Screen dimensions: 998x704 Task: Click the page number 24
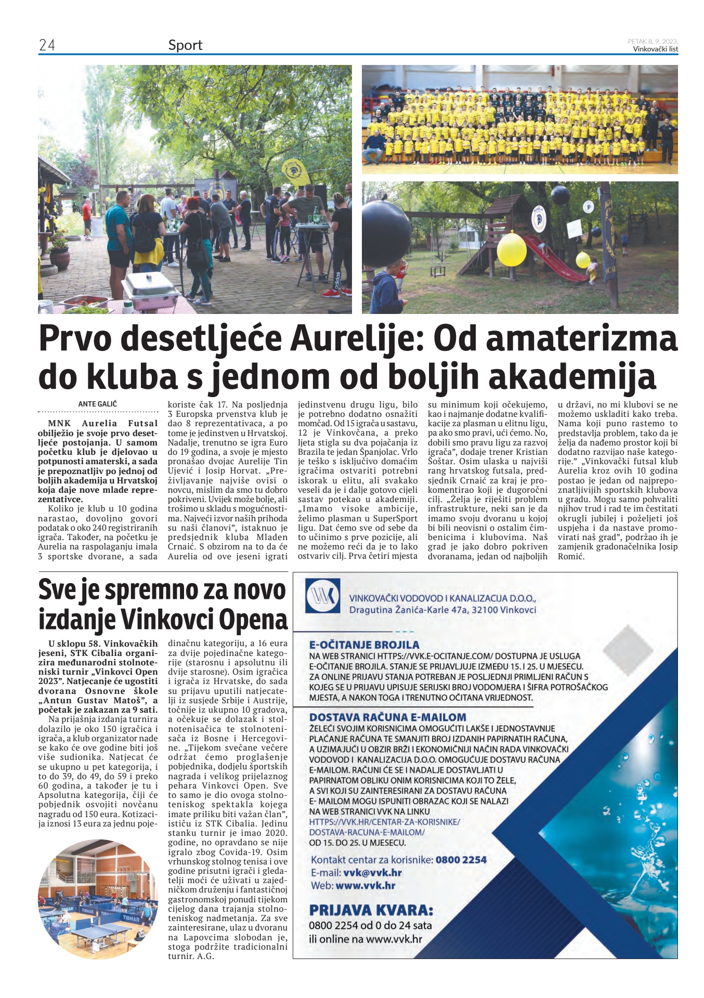tap(47, 46)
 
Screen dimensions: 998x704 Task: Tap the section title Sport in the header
tap(185, 46)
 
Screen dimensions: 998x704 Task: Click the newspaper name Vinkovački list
tap(655, 49)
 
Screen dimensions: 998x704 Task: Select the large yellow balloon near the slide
tap(512, 247)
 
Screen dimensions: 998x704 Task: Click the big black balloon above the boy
tap(386, 233)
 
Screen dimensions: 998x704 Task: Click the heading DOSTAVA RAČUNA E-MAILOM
tap(387, 717)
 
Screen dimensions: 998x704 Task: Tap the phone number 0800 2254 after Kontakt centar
tap(461, 860)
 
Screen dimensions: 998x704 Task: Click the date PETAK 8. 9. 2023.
tap(653, 41)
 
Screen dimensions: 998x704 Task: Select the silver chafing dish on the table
tap(151, 291)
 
